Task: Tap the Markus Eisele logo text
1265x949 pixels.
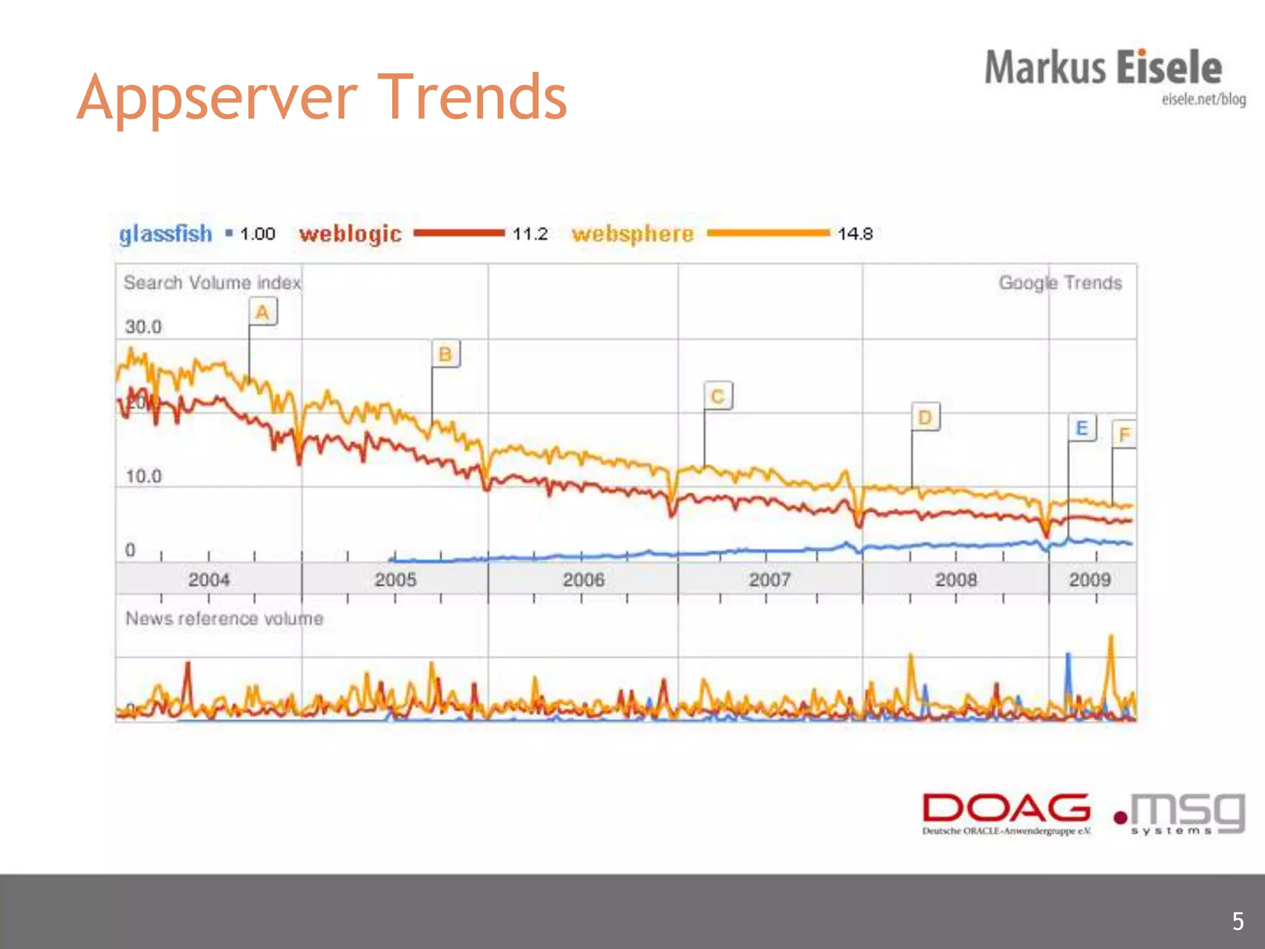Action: tap(1103, 68)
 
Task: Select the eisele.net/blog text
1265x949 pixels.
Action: tap(1203, 99)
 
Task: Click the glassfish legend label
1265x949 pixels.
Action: tap(166, 234)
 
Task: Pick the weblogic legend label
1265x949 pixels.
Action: tap(350, 234)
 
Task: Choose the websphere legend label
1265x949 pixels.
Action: tap(632, 234)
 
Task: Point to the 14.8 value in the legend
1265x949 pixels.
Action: tap(855, 234)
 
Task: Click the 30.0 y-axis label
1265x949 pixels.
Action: tap(143, 327)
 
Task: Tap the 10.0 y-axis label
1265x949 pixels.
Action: tap(143, 476)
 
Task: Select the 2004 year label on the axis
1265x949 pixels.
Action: tap(209, 580)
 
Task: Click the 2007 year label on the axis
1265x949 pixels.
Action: tap(770, 580)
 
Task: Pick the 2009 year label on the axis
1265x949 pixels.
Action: tap(1090, 580)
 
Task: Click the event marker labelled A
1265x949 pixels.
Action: tap(263, 312)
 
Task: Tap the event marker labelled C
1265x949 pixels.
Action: tap(718, 396)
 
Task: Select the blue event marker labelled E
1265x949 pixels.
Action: tap(1082, 428)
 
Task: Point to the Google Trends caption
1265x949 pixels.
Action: tap(1060, 282)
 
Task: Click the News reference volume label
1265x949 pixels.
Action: tap(224, 618)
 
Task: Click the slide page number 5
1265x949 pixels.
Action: tap(1238, 921)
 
